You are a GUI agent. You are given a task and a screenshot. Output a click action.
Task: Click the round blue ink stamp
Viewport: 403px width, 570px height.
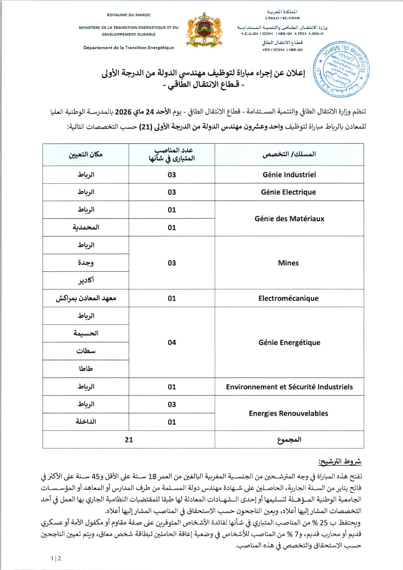tap(342, 69)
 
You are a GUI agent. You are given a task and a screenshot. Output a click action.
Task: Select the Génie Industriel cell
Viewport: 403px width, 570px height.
tap(289, 175)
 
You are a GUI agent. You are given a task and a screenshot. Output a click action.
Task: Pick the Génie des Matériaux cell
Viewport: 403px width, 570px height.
tap(289, 219)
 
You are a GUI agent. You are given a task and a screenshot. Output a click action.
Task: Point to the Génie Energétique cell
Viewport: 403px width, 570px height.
tap(289, 343)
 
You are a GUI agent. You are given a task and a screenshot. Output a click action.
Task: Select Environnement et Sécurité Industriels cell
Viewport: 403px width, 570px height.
tap(289, 387)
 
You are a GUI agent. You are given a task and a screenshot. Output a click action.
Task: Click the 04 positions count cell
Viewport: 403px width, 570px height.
tap(172, 343)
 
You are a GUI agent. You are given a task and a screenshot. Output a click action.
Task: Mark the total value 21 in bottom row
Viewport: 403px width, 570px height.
tap(129, 440)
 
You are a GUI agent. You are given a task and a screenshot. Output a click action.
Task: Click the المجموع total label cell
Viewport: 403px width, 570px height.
tap(289, 440)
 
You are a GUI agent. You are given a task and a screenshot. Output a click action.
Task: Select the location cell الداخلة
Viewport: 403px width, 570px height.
tap(86, 422)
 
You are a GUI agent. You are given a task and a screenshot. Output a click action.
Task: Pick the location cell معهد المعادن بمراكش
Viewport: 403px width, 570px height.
tap(86, 298)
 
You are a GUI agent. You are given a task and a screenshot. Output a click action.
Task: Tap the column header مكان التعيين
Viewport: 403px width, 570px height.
tap(86, 154)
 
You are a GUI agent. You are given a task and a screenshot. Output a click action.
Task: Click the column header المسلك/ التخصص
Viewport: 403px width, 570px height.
tap(289, 154)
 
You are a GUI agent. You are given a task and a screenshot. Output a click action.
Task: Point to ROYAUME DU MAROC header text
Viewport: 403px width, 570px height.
tap(129, 15)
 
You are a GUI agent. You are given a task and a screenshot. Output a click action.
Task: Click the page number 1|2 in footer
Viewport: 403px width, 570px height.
tap(56, 558)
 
